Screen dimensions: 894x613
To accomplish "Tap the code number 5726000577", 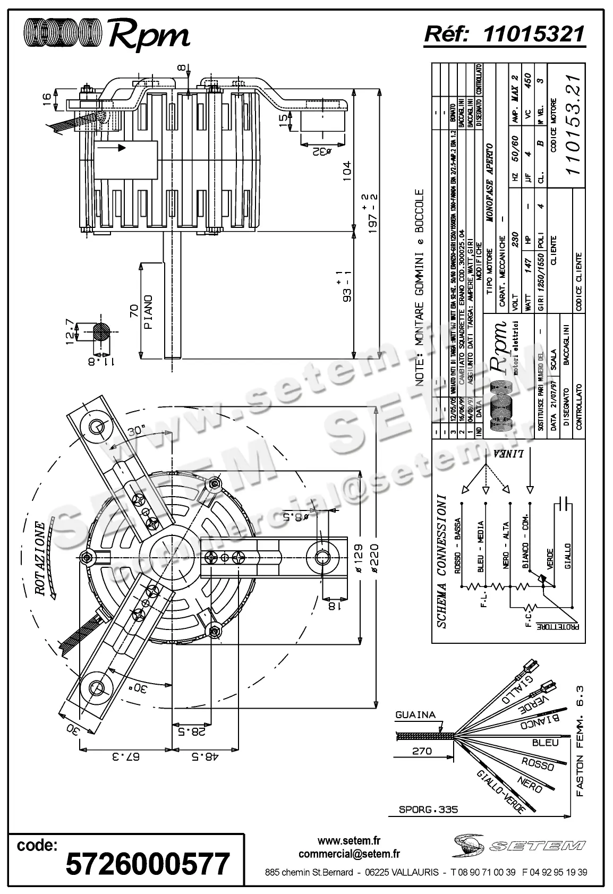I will pos(148,863).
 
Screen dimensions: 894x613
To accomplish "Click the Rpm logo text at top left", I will pos(149,35).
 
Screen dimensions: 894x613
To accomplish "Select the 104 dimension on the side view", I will pos(346,171).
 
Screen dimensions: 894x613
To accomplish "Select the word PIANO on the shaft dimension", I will pos(148,312).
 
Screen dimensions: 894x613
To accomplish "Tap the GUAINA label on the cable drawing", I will pos(415,715).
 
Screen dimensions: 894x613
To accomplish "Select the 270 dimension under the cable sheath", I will pos(422,751).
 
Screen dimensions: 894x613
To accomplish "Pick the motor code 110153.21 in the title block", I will pos(573,123).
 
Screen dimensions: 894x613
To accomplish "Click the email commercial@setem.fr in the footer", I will pos(349,854).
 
